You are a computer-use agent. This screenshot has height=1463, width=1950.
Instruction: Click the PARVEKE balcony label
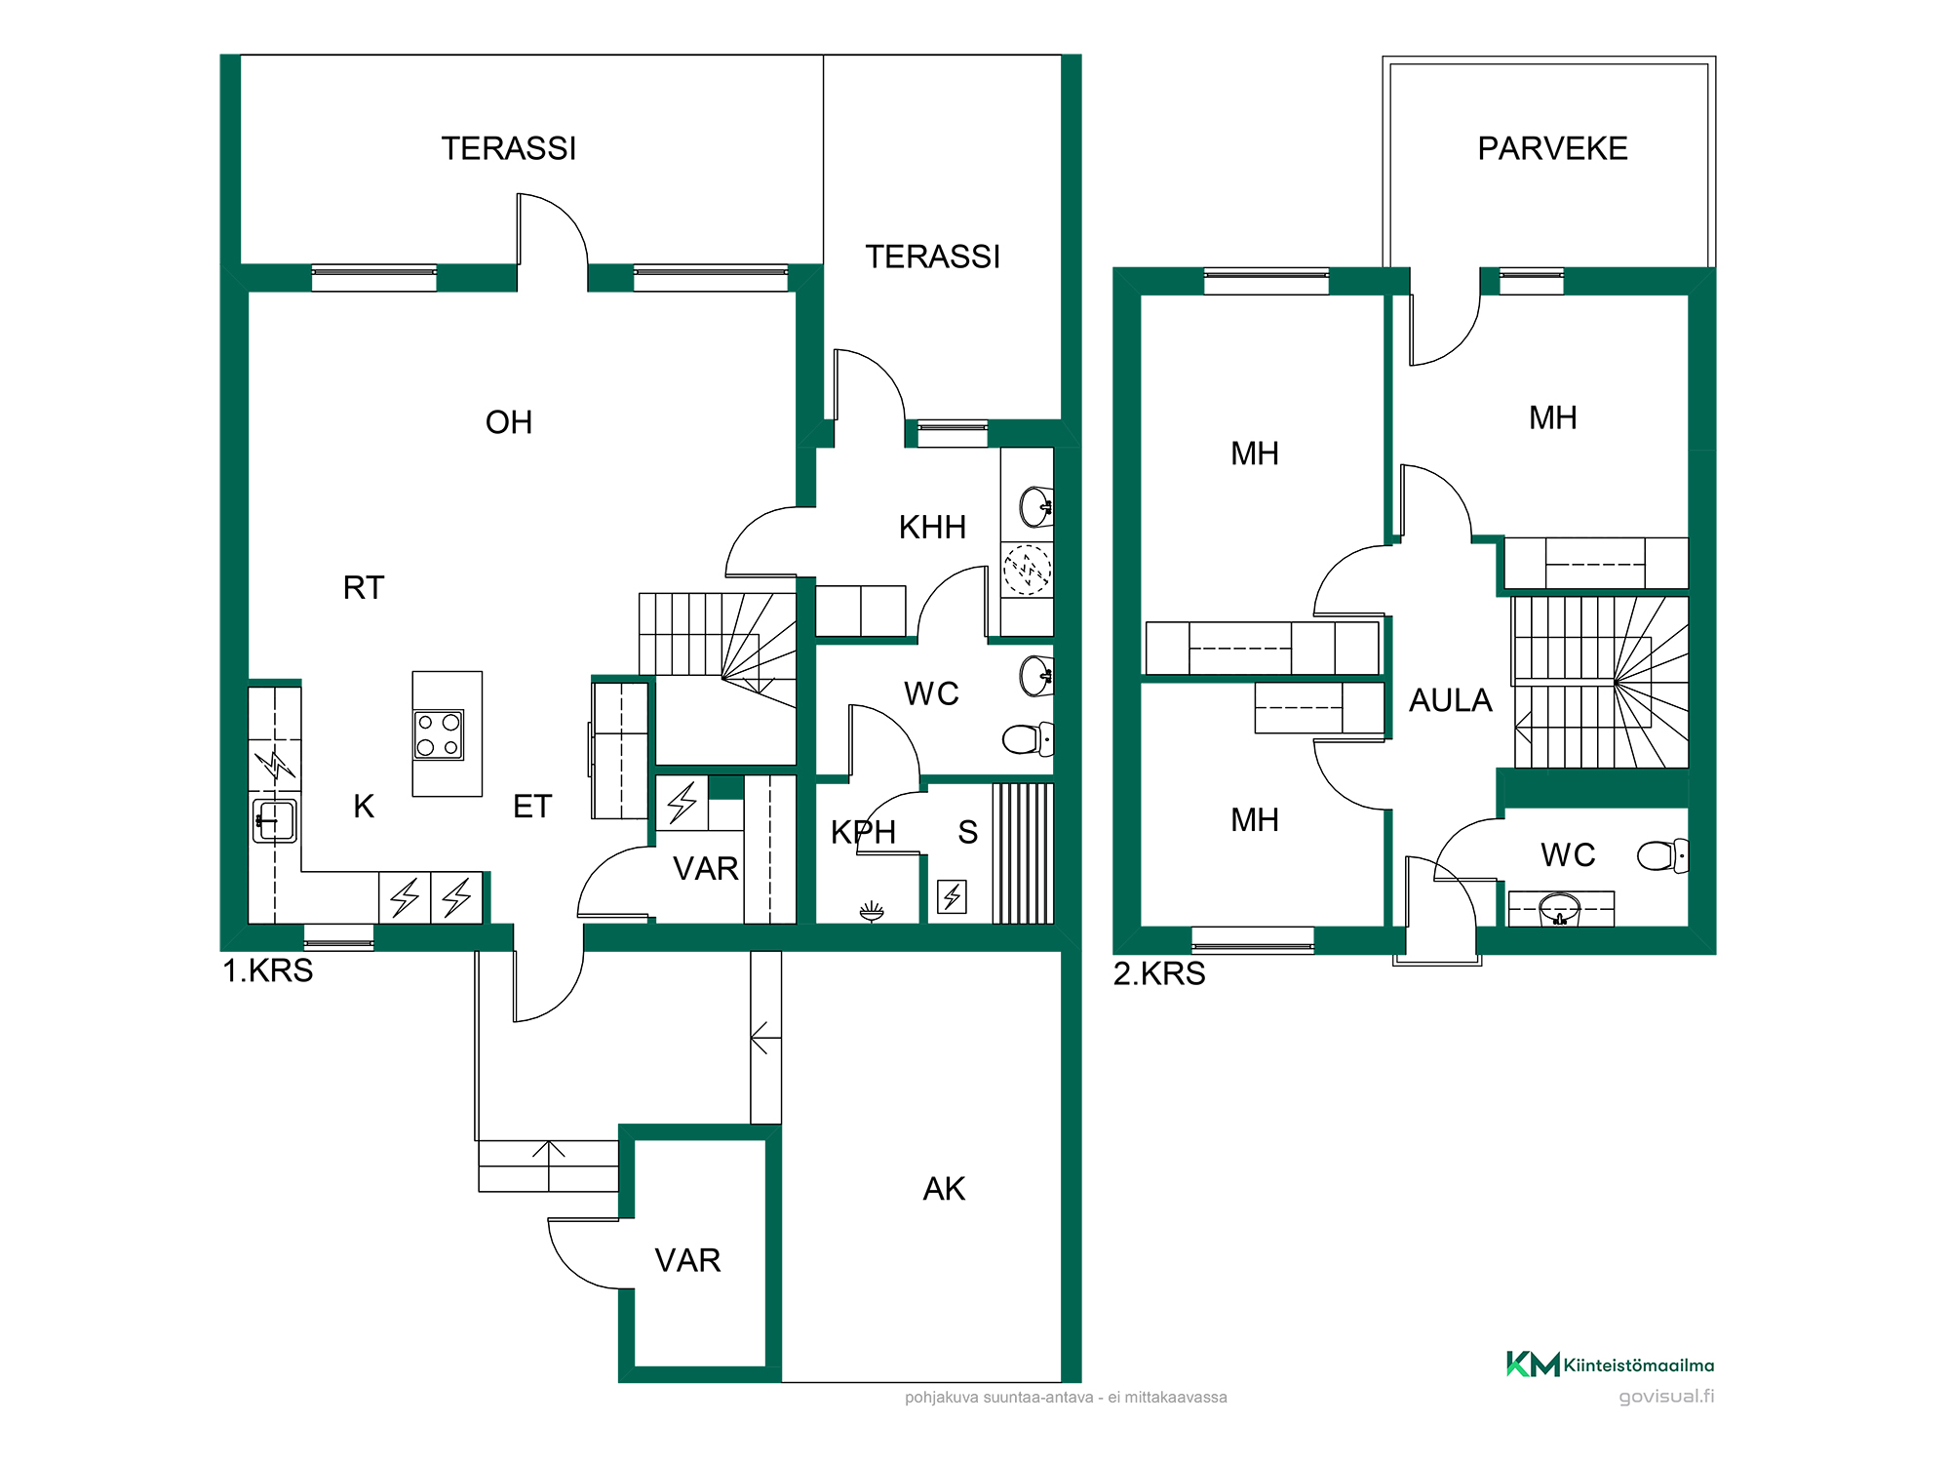coord(1552,148)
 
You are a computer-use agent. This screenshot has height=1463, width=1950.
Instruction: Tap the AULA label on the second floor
coord(1450,700)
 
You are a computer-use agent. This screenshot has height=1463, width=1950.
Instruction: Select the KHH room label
coord(932,527)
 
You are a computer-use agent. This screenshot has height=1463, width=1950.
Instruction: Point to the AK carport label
coord(944,1189)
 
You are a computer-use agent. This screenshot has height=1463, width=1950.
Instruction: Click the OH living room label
coord(509,422)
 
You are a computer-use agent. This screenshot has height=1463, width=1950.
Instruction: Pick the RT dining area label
coord(364,587)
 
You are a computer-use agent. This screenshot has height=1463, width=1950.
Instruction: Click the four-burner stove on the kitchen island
coord(439,735)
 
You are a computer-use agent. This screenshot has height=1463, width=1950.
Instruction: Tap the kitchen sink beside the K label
coord(275,820)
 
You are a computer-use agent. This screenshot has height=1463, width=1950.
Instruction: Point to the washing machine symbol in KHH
coord(1027,570)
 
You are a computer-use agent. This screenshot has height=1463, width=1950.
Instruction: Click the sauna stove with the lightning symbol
coord(952,896)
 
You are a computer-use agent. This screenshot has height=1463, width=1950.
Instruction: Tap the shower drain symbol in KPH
coord(872,912)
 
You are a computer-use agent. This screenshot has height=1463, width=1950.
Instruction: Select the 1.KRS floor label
coord(268,970)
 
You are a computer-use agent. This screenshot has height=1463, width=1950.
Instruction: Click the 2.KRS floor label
coord(1159,973)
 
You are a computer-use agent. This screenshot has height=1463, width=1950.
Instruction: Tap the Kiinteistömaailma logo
coord(1610,1364)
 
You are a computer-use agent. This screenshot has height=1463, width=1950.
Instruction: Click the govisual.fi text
coord(1666,1397)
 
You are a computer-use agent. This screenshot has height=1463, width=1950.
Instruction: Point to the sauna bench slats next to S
coord(1023,853)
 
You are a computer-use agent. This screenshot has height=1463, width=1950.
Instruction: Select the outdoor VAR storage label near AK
coord(687,1260)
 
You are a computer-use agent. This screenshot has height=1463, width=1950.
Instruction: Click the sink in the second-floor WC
coord(1559,909)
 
